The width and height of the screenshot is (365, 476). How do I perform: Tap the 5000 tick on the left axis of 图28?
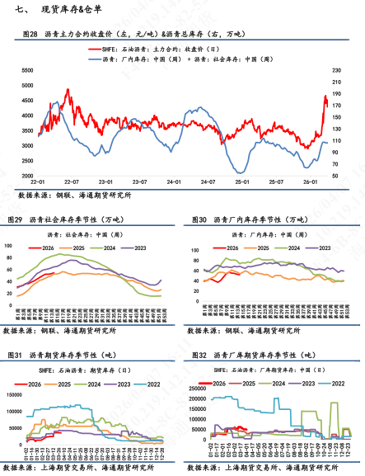point(28,85)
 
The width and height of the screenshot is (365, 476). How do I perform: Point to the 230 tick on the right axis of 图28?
point(337,71)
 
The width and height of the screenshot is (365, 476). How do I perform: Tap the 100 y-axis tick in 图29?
point(10,246)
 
